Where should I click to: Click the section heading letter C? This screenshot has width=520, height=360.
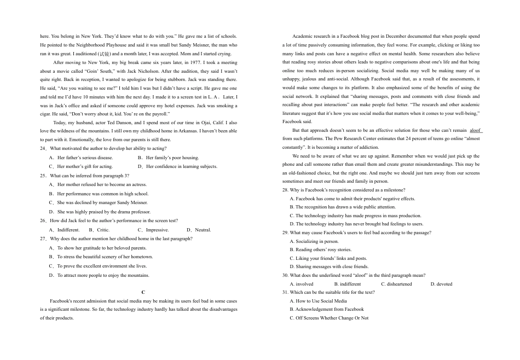coord(143,293)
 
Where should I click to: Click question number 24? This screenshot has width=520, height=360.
coord(43,148)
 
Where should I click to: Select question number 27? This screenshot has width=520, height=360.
coord(43,239)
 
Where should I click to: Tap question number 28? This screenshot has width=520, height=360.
coord(285,190)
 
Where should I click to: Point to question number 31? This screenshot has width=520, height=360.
coord(285,292)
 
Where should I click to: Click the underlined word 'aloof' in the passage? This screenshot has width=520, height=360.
coord(475,131)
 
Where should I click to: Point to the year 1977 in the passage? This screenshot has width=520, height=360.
coord(198,63)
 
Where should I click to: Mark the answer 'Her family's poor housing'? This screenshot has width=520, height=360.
coord(172,158)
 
